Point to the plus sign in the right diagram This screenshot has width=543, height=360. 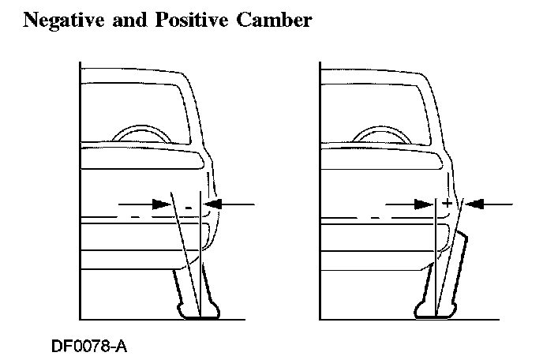point(447,204)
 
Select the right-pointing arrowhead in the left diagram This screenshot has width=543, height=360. point(164,204)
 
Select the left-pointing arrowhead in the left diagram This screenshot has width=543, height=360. point(213,204)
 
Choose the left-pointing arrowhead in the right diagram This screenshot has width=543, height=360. point(475,204)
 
